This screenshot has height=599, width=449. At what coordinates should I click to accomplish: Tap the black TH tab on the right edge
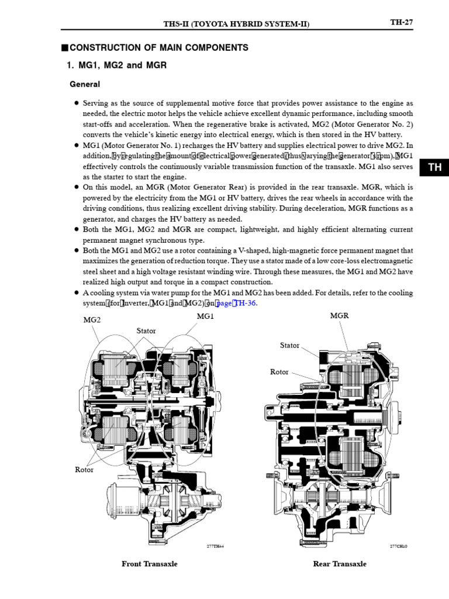click(434, 167)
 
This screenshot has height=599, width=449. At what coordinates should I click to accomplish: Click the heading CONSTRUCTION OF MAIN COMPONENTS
click(158, 48)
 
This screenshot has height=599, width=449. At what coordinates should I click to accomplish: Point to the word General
click(85, 84)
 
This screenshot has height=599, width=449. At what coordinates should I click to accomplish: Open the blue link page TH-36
click(236, 303)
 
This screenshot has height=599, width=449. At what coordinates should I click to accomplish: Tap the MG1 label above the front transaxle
click(206, 316)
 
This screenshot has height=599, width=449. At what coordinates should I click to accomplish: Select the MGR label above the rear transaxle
click(339, 316)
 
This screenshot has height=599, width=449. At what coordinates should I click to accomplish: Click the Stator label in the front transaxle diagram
click(146, 331)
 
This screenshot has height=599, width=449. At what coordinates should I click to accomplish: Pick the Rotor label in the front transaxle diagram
click(84, 469)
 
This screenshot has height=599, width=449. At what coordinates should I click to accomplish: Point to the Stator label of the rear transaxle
click(289, 346)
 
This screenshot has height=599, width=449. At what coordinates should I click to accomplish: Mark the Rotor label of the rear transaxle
click(279, 372)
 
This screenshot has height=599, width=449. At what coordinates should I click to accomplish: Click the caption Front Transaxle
click(149, 564)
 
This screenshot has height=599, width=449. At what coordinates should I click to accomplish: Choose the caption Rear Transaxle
click(340, 564)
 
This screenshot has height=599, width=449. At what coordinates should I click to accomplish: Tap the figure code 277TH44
click(215, 546)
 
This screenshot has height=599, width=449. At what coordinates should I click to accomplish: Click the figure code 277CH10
click(398, 546)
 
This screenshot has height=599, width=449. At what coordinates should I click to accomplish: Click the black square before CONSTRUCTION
click(65, 48)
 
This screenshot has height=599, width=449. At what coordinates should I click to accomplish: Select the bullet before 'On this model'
click(76, 187)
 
